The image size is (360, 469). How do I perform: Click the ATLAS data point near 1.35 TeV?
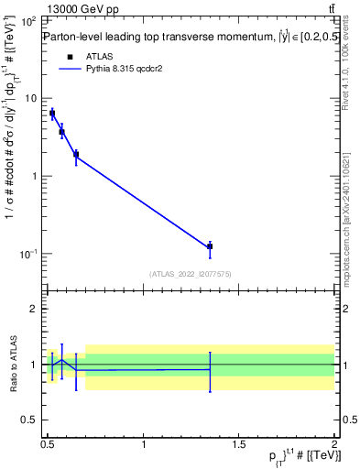(x=210, y=245)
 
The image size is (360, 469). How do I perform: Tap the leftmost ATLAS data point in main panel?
(x=52, y=114)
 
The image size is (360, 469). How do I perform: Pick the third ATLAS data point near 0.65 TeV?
(x=76, y=154)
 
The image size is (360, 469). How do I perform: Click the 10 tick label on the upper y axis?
(x=30, y=98)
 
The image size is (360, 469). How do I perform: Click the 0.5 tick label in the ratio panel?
(x=29, y=420)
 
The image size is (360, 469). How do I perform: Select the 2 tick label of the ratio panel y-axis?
(x=35, y=309)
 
